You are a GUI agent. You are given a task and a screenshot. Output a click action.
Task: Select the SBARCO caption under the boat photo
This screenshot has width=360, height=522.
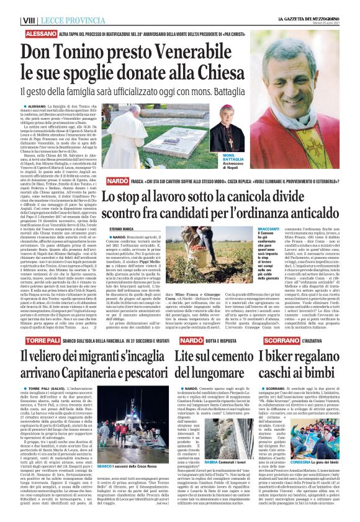click(105, 482)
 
